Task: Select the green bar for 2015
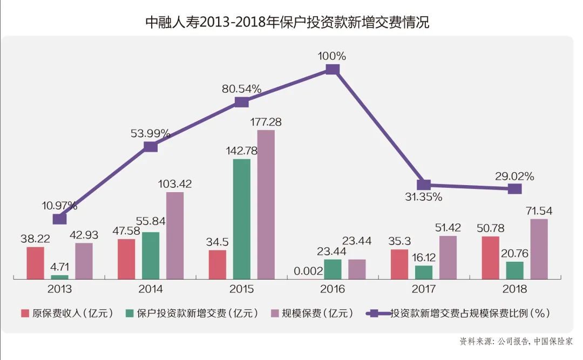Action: tap(241, 219)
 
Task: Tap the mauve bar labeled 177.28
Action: tap(266, 204)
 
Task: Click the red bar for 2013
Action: tap(35, 263)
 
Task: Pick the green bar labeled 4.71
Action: tap(59, 276)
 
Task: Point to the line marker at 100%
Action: tap(333, 69)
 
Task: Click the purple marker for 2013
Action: tap(59, 219)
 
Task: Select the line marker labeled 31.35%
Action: tap(424, 185)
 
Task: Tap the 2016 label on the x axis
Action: tap(333, 290)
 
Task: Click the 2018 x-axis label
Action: tap(514, 290)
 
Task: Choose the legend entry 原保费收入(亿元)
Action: tap(67, 313)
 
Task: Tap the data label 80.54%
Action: tap(241, 89)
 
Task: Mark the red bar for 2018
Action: tap(490, 257)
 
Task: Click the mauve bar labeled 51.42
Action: tap(448, 257)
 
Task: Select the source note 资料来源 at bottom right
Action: tap(515, 341)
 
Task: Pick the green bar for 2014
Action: tap(151, 255)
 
